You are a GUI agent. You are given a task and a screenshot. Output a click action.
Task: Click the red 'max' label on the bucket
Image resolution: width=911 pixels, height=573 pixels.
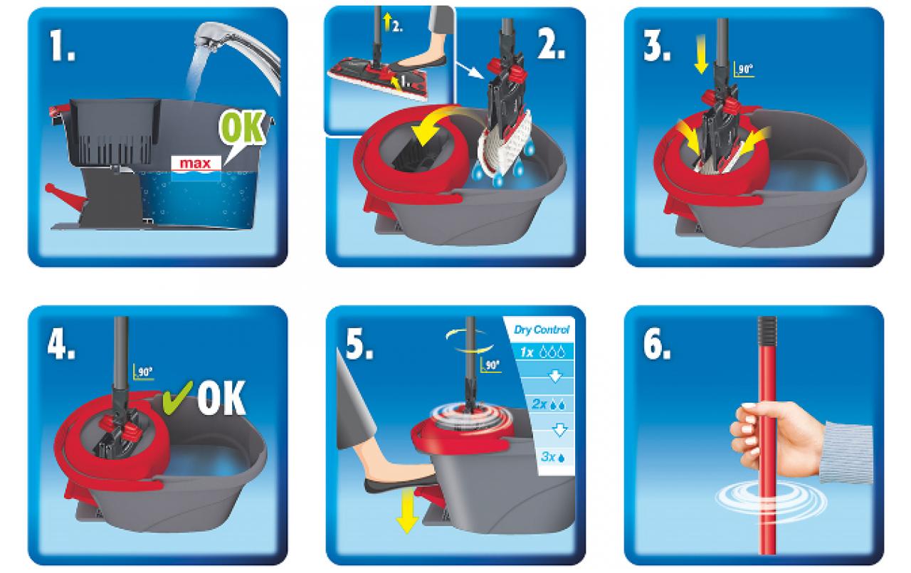tap(196, 164)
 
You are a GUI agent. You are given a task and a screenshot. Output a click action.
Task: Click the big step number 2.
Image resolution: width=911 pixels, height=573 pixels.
tap(551, 45)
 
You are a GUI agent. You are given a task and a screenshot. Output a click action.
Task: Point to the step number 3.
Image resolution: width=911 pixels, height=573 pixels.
tap(656, 47)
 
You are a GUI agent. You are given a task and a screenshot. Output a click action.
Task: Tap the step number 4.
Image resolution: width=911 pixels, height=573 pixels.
tap(61, 344)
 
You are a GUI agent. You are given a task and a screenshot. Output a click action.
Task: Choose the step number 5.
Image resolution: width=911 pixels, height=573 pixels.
tap(359, 344)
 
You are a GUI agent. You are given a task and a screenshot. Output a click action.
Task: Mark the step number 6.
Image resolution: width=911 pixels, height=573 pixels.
tap(657, 344)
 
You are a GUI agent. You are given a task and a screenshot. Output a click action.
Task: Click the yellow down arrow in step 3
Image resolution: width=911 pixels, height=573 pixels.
tap(701, 54)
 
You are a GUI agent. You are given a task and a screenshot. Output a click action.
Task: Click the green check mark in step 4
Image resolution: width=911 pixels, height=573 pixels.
tap(177, 397)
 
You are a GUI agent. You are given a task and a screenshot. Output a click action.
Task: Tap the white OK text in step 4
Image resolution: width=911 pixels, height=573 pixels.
tap(221, 398)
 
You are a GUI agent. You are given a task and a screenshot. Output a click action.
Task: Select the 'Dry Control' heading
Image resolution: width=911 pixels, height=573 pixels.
tap(542, 330)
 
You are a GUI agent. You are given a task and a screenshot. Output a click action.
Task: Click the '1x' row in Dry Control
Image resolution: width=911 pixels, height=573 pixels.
tap(543, 352)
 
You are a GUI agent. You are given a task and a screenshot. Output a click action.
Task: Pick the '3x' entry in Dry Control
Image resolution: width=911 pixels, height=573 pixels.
tap(552, 457)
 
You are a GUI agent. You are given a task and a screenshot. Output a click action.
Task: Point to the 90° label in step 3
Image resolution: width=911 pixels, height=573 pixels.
tap(744, 69)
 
